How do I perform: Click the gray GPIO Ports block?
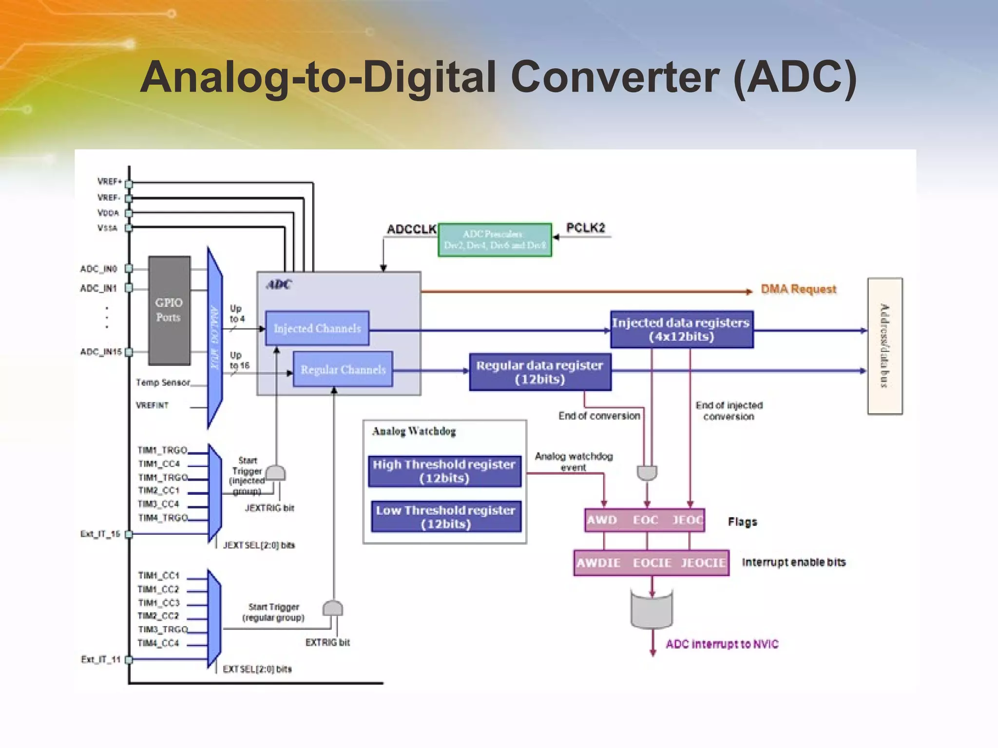pos(169,310)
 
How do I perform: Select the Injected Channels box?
pos(317,328)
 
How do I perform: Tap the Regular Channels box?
pos(343,370)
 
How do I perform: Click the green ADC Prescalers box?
pos(495,240)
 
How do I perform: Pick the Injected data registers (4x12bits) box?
pos(681,329)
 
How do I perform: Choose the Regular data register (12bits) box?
pos(540,372)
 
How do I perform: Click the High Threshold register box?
pos(444,471)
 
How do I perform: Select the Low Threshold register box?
pos(446,517)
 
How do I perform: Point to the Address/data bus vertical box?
pos(884,346)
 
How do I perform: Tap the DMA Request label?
pos(798,289)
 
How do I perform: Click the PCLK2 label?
pos(585,227)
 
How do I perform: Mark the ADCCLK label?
pos(412,229)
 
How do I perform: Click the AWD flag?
pos(602,520)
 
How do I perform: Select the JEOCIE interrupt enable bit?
pos(703,563)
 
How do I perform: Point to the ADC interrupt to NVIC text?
pos(722,644)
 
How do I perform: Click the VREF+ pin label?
pos(109,181)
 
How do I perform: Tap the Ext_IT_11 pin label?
pos(100,659)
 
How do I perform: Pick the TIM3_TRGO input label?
pos(162,629)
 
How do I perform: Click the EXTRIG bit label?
pos(327,642)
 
